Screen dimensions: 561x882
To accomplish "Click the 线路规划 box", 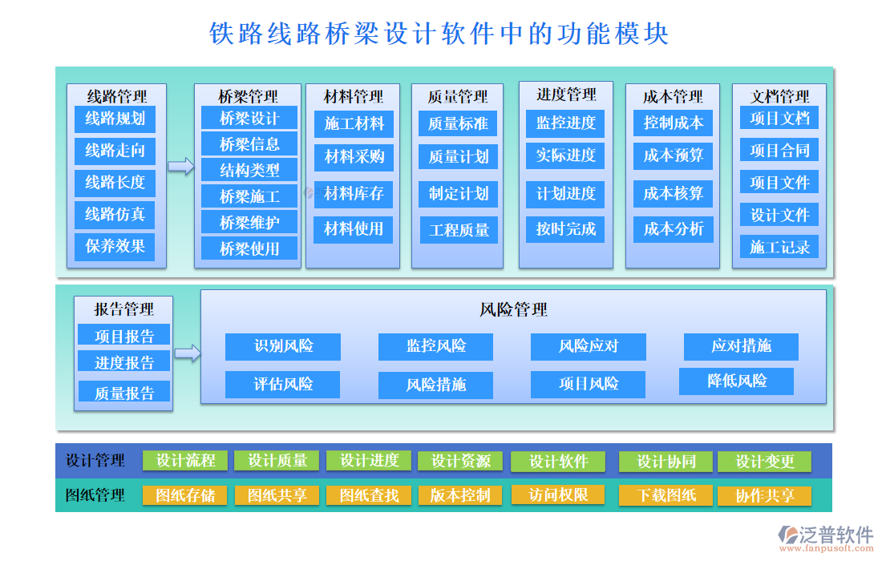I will [115, 119].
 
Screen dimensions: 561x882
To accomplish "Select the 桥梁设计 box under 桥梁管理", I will [249, 119].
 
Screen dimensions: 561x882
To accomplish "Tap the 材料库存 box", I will [354, 193].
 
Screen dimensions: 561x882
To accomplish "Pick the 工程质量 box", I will [459, 230].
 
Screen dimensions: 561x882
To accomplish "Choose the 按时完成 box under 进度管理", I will [566, 229].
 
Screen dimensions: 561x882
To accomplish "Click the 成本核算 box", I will [673, 193].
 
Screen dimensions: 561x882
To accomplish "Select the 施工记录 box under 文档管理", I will [779, 247].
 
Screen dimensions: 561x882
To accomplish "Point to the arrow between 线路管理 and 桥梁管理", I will [180, 167].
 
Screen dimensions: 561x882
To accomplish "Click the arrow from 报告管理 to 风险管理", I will [187, 353].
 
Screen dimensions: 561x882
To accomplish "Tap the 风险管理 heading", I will [513, 309].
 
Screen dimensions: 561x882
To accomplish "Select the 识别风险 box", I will [283, 346].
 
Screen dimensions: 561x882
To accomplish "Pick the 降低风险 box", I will [736, 381].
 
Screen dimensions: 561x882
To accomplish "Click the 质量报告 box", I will [124, 393].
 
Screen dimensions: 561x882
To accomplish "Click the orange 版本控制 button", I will [459, 495].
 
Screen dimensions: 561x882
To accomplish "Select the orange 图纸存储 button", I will [185, 495].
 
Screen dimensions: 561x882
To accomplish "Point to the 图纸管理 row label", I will [95, 495].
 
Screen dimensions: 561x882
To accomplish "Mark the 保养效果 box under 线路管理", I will [115, 246].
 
